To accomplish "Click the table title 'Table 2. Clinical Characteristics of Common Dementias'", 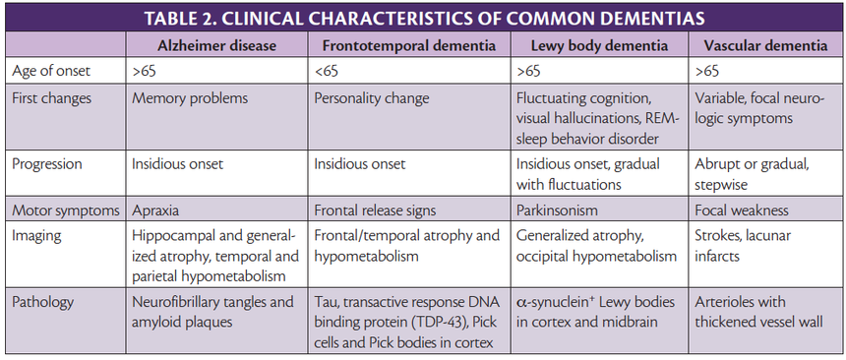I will coord(423,18).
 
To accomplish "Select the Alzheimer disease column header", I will coord(215,45).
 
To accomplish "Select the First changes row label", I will coord(52,98).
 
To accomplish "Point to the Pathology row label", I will coord(43,301).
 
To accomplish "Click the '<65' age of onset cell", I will coord(328,72).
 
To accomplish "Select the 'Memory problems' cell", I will coord(190,98).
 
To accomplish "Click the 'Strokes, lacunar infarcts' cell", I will coord(743,246).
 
